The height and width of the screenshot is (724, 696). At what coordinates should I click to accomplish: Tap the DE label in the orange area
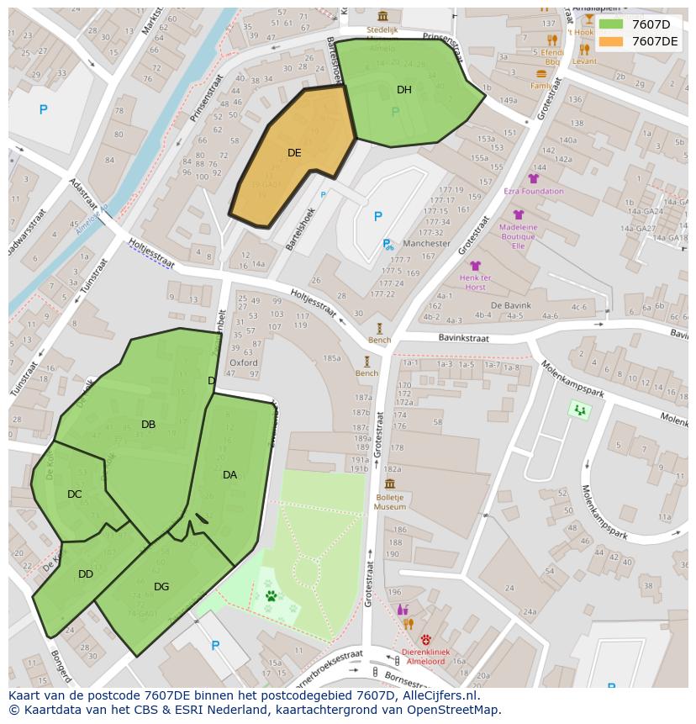[294, 153]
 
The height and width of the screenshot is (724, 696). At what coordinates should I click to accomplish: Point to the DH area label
[404, 90]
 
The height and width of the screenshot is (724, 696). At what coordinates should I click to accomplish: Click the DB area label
[148, 425]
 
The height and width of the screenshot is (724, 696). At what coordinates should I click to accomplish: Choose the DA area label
[229, 475]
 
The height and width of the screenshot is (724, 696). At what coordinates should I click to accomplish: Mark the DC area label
[75, 494]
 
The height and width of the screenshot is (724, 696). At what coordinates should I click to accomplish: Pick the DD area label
[86, 574]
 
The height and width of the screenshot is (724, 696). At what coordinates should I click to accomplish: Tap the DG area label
[161, 587]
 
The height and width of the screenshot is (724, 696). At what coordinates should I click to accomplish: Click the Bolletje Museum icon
[389, 484]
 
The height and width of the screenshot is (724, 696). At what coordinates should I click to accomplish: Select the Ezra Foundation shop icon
[533, 178]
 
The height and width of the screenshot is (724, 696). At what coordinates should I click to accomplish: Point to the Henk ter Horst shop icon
[476, 266]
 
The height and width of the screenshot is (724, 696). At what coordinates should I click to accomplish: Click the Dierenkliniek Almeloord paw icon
[426, 639]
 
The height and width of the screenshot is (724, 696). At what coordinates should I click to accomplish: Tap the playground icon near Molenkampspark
[579, 410]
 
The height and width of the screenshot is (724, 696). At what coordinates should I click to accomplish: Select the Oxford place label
[244, 363]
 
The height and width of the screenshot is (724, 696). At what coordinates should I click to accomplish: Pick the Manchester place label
[426, 244]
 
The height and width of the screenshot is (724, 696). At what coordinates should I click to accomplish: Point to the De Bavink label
[509, 305]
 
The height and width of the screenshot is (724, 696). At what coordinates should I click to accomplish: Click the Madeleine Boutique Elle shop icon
[519, 215]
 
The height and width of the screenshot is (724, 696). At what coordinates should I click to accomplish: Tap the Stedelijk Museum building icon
[383, 16]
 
